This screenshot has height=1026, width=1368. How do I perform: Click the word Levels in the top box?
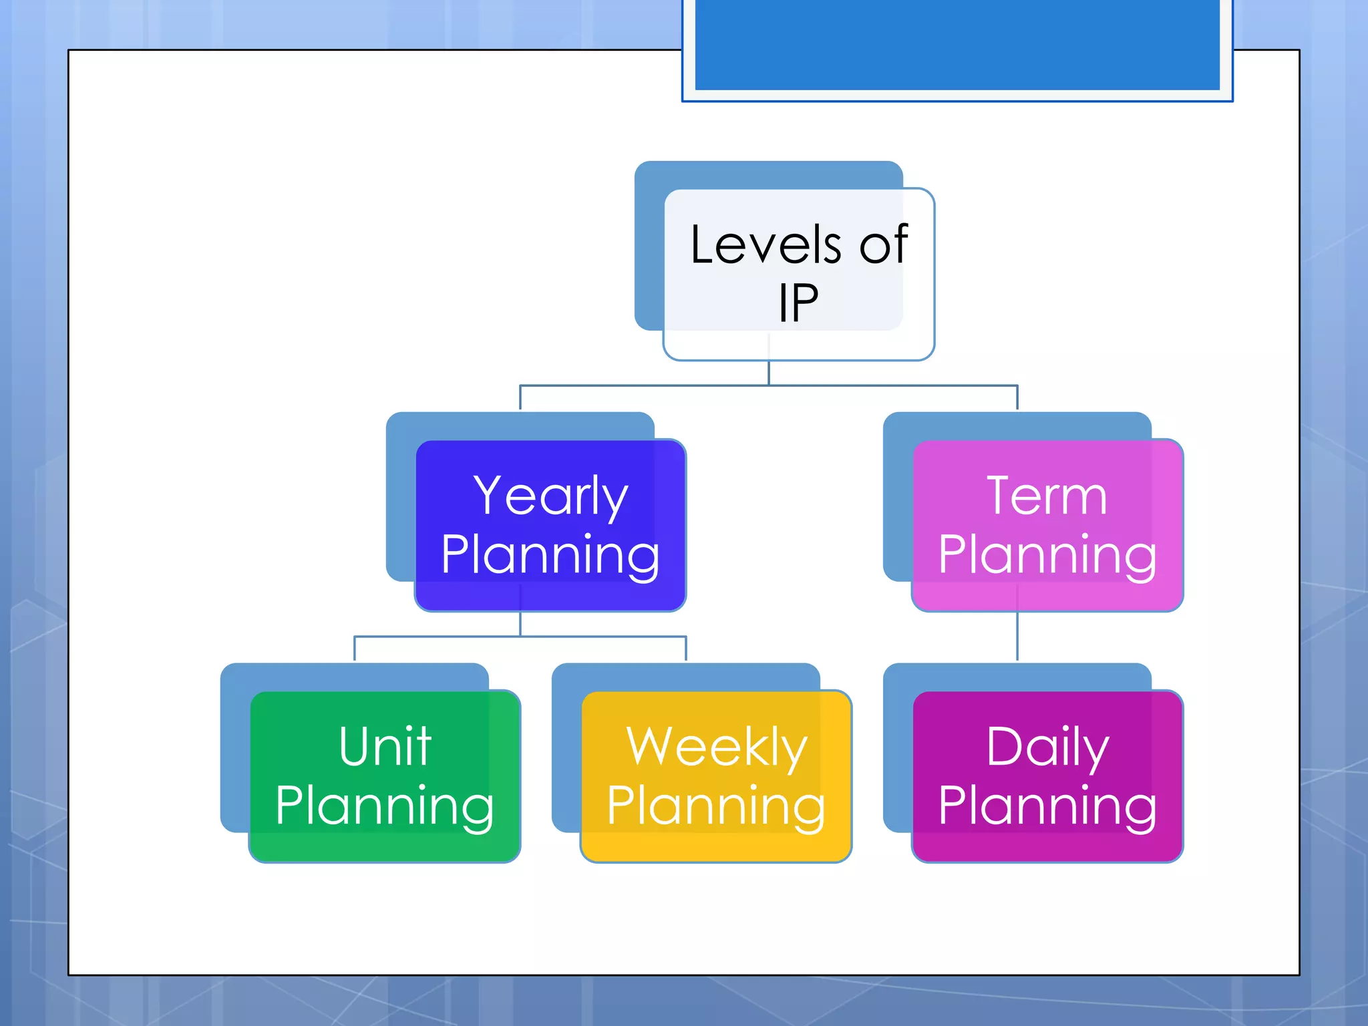tap(765, 245)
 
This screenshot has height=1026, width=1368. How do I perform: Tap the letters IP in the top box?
tap(798, 303)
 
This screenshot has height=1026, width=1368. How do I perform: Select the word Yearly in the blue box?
tap(550, 496)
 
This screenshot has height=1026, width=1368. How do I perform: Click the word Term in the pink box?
tap(1047, 496)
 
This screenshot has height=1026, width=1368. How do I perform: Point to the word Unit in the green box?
tap(385, 746)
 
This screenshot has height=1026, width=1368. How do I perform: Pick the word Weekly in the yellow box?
tap(716, 747)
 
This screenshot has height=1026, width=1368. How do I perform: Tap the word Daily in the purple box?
tap(1047, 747)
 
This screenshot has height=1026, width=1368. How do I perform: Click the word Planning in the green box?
tap(385, 806)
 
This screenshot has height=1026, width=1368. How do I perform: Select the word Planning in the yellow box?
tap(716, 806)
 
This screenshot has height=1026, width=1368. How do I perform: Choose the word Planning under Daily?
tap(1047, 806)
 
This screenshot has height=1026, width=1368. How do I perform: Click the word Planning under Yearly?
tap(550, 555)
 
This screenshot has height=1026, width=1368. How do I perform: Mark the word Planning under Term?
tap(1047, 555)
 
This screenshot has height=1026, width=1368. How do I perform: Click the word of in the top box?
tap(883, 245)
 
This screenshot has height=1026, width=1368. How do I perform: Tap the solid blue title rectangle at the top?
tap(957, 44)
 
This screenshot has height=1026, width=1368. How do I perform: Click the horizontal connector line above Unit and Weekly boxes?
tap(520, 637)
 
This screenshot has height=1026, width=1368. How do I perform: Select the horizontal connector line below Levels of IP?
tap(768, 385)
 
